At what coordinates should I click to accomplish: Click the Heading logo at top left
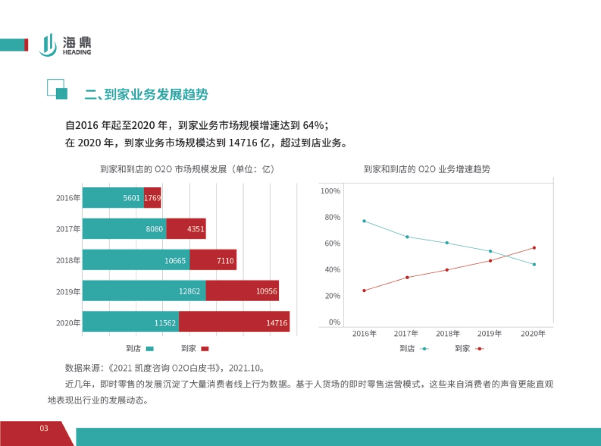[x=65, y=45]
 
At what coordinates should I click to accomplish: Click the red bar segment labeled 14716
[x=234, y=322]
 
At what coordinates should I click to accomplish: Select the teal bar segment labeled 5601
[x=113, y=198]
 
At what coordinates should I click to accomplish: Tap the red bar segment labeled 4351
[x=186, y=229]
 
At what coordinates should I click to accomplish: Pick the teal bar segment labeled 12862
[x=144, y=291]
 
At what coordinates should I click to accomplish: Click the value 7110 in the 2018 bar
[x=225, y=261]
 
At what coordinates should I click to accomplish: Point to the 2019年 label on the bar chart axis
[x=68, y=292]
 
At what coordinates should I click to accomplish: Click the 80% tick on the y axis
[x=330, y=217]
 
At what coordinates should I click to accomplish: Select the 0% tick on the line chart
[x=334, y=322]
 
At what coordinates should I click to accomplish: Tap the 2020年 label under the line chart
[x=533, y=333]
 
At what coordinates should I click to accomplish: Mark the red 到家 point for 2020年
[x=534, y=248]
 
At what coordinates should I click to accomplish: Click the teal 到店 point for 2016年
[x=364, y=221]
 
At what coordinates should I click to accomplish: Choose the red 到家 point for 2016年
[x=364, y=291]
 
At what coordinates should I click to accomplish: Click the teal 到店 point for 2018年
[x=447, y=243]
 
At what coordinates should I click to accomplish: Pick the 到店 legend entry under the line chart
[x=414, y=349]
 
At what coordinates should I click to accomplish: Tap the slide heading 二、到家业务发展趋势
[x=146, y=94]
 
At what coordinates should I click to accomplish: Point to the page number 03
[x=44, y=428]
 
